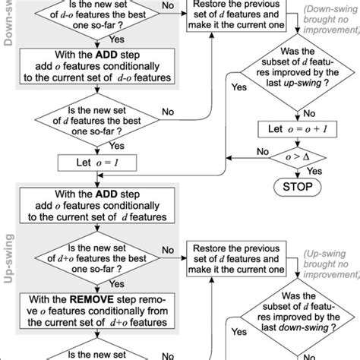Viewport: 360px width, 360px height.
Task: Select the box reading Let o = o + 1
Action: point(292,130)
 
